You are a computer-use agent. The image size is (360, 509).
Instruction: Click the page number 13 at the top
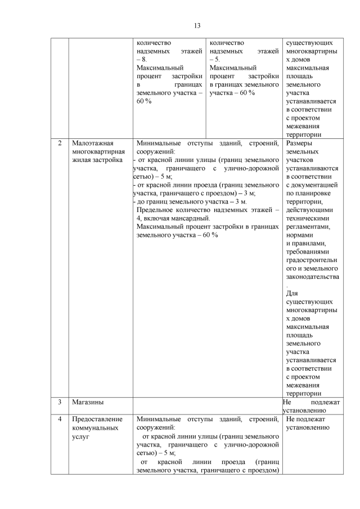pyautogui.click(x=197, y=25)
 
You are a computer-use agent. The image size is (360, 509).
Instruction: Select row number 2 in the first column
pyautogui.click(x=60, y=143)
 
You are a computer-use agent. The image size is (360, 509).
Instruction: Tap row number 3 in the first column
pyautogui.click(x=60, y=402)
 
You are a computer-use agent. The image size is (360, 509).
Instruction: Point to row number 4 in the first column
pyautogui.click(x=60, y=419)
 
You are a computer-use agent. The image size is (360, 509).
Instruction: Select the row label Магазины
pyautogui.click(x=86, y=402)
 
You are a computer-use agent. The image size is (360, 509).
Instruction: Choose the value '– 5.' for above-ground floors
pyautogui.click(x=215, y=58)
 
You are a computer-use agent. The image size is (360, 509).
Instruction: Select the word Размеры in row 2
pyautogui.click(x=299, y=143)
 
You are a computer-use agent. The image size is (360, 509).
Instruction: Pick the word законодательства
pyautogui.click(x=312, y=277)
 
